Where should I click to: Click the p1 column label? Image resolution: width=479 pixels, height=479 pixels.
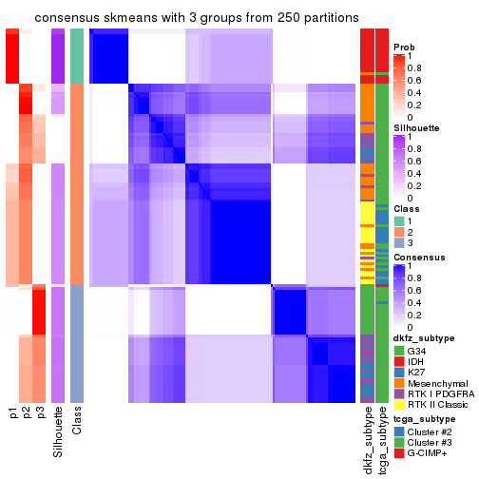[x=12, y=413]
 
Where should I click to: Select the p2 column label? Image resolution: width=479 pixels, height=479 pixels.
[x=27, y=413]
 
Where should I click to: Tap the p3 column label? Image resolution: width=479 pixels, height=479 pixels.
[x=40, y=413]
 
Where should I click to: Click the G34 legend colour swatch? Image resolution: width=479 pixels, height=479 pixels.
[x=399, y=351]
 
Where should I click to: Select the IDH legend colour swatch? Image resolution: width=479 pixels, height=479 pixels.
[x=399, y=362]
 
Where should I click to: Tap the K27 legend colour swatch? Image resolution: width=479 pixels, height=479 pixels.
[x=399, y=374]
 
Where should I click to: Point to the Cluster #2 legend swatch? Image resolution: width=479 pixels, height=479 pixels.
[x=399, y=444]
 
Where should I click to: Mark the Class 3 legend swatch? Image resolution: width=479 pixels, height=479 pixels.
[x=399, y=243]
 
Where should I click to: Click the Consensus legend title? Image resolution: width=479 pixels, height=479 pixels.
[x=419, y=257]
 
